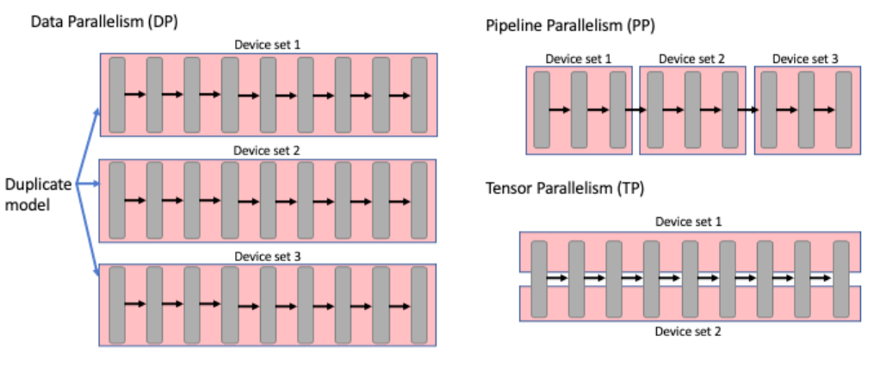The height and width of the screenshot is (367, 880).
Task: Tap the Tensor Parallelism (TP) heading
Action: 565,187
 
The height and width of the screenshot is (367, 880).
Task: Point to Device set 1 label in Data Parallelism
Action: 268,44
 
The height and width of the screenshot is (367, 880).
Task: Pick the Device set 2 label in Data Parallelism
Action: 268,151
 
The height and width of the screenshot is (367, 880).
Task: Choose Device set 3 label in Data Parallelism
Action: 268,257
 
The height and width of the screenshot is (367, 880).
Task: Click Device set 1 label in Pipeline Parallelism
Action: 579,59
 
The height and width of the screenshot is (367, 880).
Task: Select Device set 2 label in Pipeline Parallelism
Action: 691,59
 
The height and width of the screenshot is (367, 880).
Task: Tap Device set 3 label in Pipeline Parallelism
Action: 805,59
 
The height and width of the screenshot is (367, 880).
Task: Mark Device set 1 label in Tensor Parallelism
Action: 689,221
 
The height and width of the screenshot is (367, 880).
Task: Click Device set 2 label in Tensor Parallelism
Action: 689,332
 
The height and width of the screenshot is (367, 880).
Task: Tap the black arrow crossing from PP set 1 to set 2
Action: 637,110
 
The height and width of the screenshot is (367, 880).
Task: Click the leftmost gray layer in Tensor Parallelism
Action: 539,277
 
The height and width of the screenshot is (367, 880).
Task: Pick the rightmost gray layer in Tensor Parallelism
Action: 841,277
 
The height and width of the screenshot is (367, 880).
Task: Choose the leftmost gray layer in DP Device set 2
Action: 117,200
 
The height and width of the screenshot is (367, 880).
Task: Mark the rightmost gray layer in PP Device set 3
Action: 844,109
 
